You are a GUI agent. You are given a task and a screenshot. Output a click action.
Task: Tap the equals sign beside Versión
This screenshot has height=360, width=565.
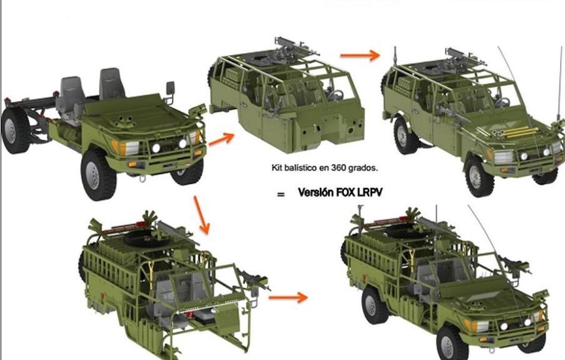click(x=281, y=194)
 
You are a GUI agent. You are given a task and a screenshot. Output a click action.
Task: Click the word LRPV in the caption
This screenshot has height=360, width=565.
click(x=370, y=192)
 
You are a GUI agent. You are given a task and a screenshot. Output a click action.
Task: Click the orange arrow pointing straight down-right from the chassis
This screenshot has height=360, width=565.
click(x=201, y=215)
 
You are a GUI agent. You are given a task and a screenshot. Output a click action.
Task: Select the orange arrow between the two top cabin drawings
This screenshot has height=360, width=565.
click(x=360, y=55)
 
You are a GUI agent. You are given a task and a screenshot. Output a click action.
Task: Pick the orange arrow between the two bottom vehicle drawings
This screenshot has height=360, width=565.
click(x=288, y=297)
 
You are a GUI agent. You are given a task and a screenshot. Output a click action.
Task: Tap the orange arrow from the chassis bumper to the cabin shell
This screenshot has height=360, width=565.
click(x=221, y=139)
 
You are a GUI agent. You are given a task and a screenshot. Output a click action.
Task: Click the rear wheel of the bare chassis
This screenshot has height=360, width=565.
click(x=15, y=130)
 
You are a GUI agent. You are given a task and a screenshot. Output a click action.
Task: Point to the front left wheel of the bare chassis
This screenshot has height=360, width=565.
click(x=97, y=175)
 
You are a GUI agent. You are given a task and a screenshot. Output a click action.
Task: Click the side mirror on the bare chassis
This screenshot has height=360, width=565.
click(x=169, y=87)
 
